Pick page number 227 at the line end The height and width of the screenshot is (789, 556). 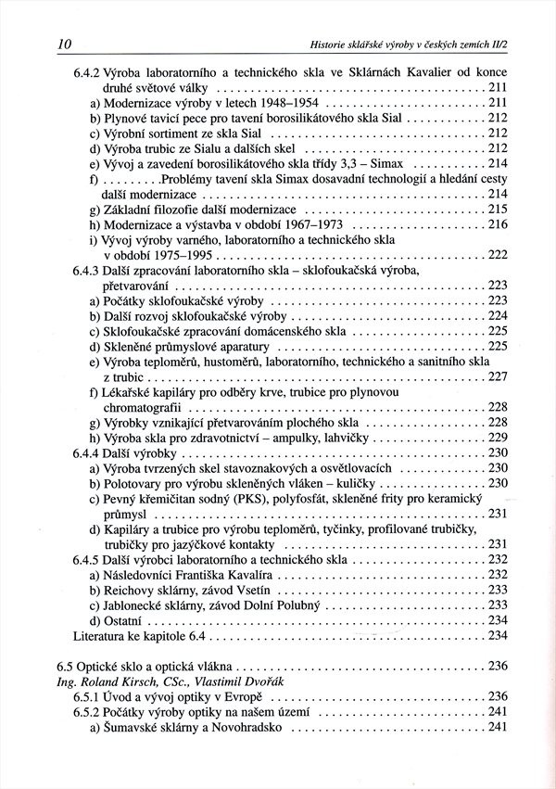[498, 376]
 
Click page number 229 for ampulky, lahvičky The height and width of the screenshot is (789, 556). [498, 437]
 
